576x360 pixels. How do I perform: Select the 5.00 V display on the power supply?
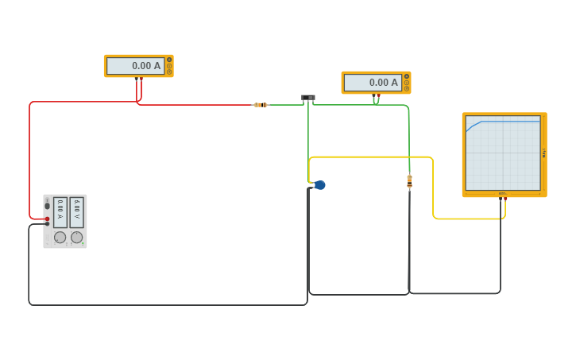point(77,211)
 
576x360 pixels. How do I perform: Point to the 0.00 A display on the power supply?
point(60,211)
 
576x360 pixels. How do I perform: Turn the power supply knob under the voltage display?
point(77,237)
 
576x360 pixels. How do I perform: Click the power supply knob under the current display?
point(60,237)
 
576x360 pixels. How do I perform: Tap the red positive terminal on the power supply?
point(47,219)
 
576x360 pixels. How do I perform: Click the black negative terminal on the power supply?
point(47,224)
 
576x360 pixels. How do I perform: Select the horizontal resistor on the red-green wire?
point(261,105)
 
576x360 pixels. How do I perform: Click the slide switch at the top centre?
point(308,98)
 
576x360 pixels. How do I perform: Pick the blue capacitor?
point(319,185)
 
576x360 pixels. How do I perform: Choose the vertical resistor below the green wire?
point(409,182)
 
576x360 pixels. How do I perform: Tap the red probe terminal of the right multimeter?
point(378,95)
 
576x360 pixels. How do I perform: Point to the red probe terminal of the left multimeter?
point(141,79)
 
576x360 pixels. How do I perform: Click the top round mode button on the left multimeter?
point(169,60)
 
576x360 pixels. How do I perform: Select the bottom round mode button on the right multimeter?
point(407,88)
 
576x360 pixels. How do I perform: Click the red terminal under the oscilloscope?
point(504,198)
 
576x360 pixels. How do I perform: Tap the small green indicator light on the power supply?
point(82,243)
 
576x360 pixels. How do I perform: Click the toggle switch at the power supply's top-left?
point(47,205)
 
